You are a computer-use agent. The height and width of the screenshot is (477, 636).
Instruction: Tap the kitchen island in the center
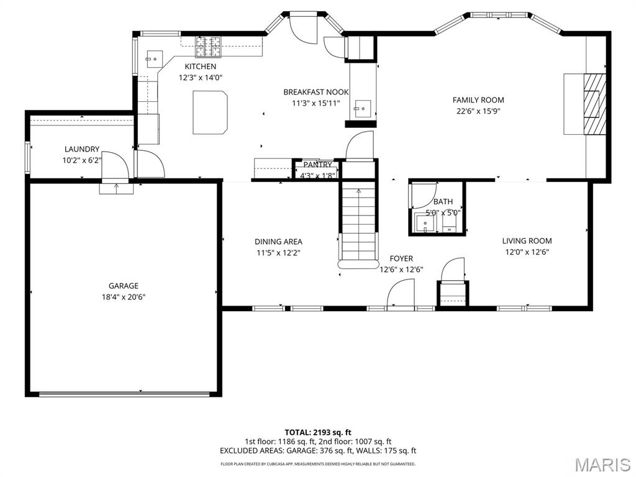point(210,112)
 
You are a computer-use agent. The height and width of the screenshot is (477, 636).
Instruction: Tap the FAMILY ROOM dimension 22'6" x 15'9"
point(478,112)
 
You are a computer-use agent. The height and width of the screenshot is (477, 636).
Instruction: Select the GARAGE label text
point(124,286)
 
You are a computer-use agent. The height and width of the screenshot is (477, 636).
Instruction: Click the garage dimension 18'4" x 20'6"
point(124,297)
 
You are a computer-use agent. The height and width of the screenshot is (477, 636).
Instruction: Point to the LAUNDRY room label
point(82,149)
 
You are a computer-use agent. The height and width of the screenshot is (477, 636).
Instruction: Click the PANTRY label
point(317,165)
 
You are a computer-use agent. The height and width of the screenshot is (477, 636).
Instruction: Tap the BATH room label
point(443,202)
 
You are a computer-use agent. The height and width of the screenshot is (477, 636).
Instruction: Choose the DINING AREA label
point(278,242)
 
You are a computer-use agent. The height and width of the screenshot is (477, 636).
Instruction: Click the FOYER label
point(401,258)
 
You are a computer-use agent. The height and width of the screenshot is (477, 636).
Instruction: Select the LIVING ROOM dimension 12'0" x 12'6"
point(527,252)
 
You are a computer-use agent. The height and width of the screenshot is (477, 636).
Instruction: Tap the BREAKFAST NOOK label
point(316,92)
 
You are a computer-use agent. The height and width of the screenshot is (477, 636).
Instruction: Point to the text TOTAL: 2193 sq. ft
point(318,432)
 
